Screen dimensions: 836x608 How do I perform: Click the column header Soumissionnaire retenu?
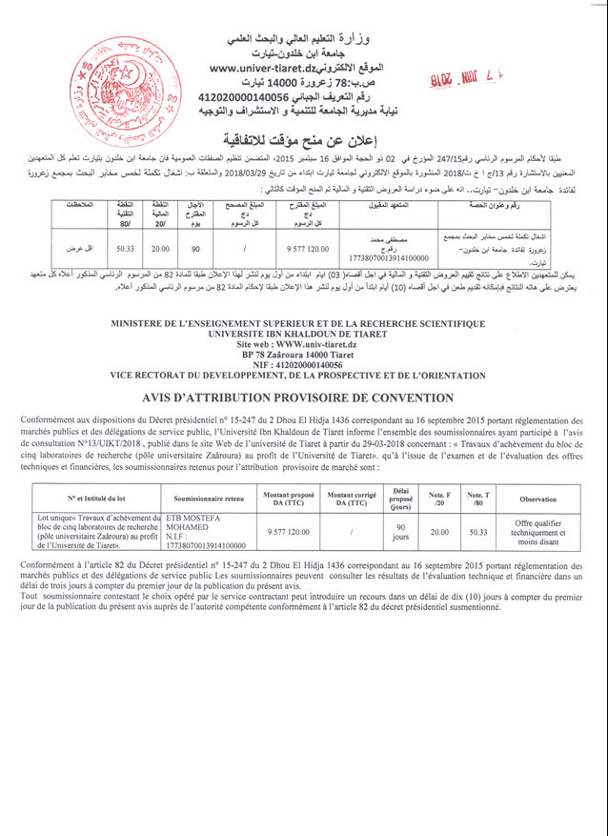point(209,499)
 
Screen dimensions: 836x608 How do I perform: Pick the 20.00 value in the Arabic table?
point(159,247)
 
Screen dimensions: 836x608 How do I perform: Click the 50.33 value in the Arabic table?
point(124,247)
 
